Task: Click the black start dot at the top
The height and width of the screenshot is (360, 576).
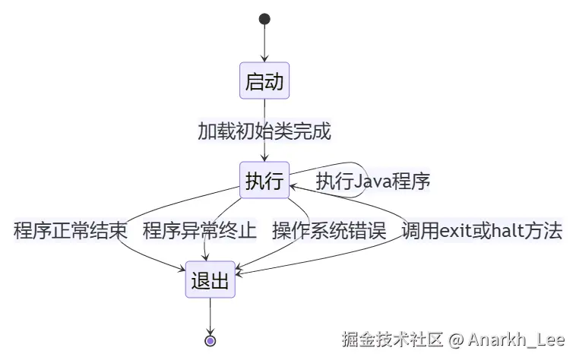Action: click(264, 19)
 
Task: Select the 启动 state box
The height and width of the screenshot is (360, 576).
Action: click(264, 81)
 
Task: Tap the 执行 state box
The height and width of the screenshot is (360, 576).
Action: click(264, 181)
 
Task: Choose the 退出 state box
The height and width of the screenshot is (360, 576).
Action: click(210, 281)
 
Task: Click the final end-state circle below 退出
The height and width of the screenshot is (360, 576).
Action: click(210, 340)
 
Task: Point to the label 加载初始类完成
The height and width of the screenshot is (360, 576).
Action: click(264, 131)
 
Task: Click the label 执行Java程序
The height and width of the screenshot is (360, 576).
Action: click(374, 182)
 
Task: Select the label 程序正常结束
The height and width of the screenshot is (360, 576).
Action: click(71, 231)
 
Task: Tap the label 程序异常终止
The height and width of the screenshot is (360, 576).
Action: click(200, 231)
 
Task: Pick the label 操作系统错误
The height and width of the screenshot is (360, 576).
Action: click(329, 231)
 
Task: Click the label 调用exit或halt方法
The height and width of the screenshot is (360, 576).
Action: click(482, 231)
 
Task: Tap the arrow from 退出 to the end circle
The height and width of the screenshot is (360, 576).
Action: click(210, 314)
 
